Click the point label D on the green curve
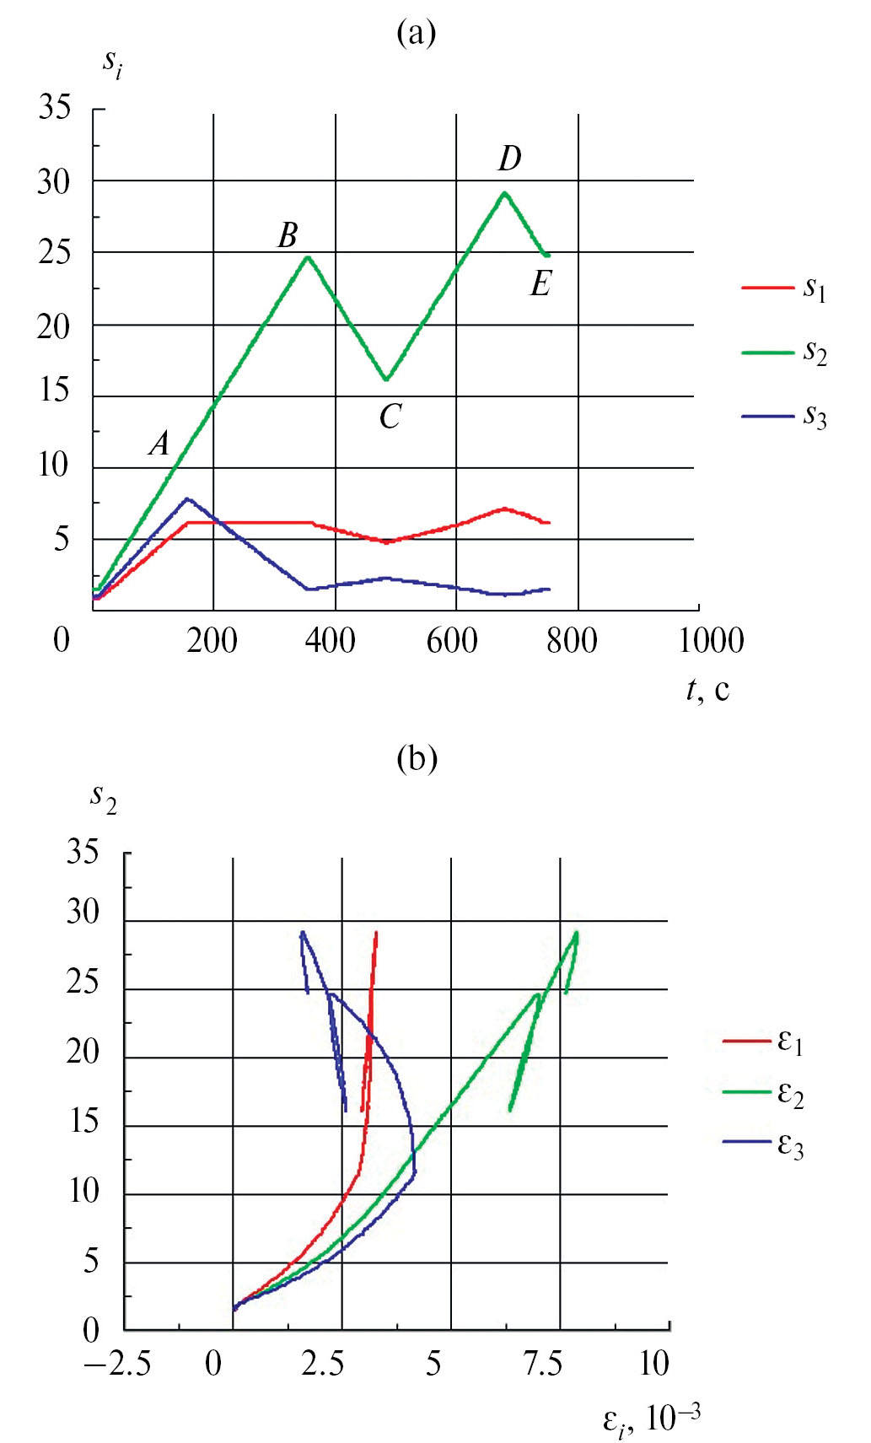[x=510, y=159]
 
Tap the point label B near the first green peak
[x=288, y=235]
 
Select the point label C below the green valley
[x=390, y=417]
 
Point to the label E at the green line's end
[x=540, y=284]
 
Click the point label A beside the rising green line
[x=159, y=444]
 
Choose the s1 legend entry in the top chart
[x=784, y=288]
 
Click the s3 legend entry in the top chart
[x=784, y=416]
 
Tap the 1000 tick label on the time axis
[x=711, y=641]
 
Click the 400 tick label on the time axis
[x=330, y=641]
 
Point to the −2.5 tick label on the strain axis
[x=117, y=1364]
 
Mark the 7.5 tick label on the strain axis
[x=543, y=1364]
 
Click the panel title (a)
[x=417, y=33]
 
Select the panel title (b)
[x=417, y=758]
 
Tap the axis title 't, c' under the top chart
[x=707, y=689]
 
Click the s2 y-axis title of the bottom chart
[x=103, y=796]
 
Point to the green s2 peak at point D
[x=504, y=193]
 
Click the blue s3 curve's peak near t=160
[x=187, y=499]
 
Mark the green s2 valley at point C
[x=386, y=380]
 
